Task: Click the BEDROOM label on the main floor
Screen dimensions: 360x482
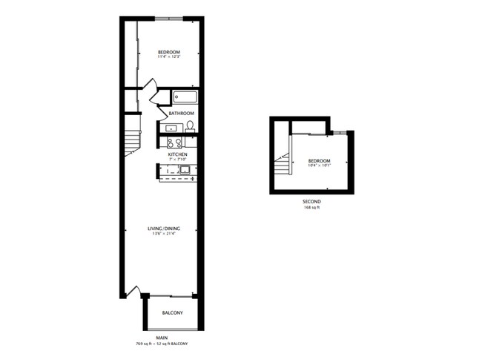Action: [x=169, y=52]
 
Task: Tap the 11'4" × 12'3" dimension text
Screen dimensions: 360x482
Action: [x=169, y=57]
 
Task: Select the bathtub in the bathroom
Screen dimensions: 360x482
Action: [x=185, y=96]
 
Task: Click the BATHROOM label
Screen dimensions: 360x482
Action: [x=182, y=114]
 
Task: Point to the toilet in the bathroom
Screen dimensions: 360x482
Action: [x=190, y=125]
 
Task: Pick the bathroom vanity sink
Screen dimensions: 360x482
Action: [x=170, y=128]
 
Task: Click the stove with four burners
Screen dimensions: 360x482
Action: [x=175, y=143]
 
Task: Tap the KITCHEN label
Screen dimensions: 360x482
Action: [x=177, y=154]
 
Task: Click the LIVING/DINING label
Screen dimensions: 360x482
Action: [x=162, y=229]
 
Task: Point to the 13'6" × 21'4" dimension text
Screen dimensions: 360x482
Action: [x=162, y=234]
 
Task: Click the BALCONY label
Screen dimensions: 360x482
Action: [x=172, y=312]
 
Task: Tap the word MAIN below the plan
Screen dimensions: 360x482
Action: [x=162, y=338]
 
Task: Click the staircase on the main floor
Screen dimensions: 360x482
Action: [x=132, y=142]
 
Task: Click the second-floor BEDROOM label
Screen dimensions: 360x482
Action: [x=319, y=161]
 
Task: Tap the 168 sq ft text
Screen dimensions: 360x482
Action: [x=311, y=207]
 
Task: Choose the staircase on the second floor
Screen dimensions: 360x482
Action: [x=283, y=165]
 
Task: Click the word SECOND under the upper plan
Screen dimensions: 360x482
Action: [x=311, y=201]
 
